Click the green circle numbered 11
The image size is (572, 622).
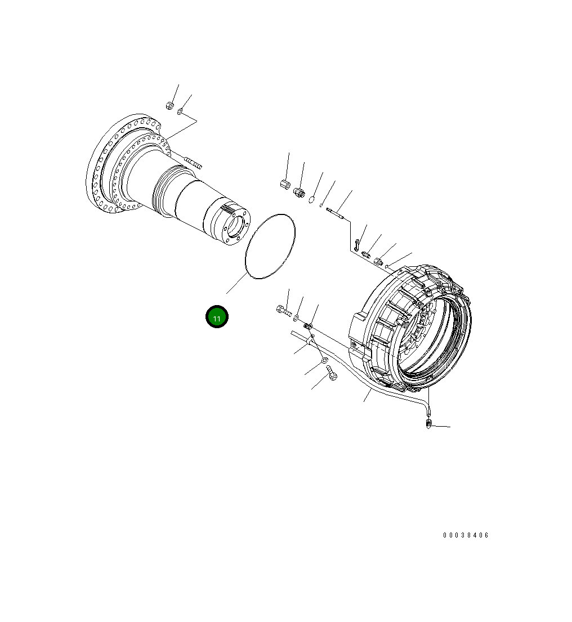[x=217, y=317]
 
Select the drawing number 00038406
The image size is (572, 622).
[x=466, y=535]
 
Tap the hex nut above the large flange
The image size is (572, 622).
[x=169, y=105]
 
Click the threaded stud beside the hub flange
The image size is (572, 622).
[x=192, y=164]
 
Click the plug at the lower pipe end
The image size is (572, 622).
[x=429, y=423]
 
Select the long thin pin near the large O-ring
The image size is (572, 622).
[x=336, y=213]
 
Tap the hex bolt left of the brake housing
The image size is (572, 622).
[x=283, y=309]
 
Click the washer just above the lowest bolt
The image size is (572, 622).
[x=324, y=360]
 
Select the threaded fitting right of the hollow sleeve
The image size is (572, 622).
[x=299, y=194]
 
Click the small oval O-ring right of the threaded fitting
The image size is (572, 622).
[x=311, y=200]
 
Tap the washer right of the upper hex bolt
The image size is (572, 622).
[x=296, y=317]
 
